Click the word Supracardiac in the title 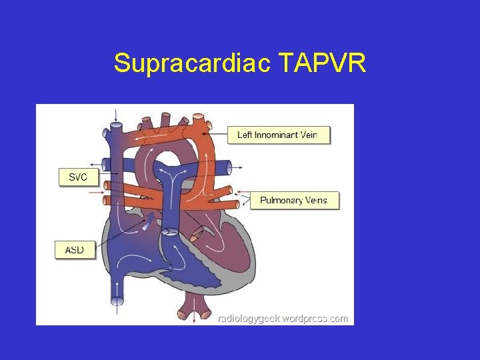(x=192, y=64)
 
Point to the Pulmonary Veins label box (x=294, y=200)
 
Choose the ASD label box (x=74, y=250)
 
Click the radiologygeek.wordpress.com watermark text (x=283, y=319)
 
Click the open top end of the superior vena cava (x=117, y=125)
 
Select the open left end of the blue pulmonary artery (x=105, y=164)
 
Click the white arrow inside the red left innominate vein (x=160, y=136)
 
